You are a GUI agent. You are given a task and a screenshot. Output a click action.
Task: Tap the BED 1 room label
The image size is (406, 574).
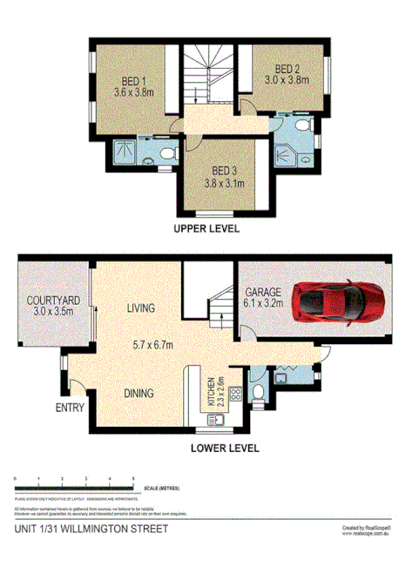(x=132, y=76)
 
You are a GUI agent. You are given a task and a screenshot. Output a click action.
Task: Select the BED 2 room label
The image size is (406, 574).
(x=288, y=69)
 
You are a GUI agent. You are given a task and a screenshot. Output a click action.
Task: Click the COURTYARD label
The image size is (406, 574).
(x=53, y=301)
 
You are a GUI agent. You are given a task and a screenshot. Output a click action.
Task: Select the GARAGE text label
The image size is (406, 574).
(x=261, y=293)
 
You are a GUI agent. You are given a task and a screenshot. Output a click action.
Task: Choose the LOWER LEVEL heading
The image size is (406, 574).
(x=226, y=449)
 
